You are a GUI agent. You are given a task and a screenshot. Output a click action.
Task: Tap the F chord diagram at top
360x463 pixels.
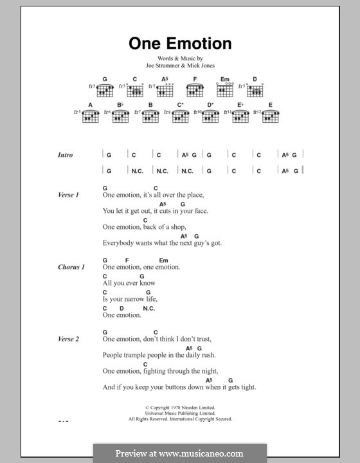coord(195,90)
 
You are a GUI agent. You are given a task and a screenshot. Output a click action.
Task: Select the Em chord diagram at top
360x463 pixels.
coord(225,90)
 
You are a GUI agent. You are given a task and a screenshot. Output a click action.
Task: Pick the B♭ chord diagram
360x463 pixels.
coord(120,116)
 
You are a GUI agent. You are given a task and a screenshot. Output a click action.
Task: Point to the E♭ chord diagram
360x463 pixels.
coord(240,116)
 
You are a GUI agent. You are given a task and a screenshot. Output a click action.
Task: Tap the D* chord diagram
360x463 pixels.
coord(210,116)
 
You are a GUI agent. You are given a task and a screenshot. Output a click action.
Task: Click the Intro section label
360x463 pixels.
coord(65,155)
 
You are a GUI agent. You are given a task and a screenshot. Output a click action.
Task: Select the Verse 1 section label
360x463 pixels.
coord(68,195)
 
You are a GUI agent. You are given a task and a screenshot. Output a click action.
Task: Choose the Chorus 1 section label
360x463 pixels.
coord(71,267)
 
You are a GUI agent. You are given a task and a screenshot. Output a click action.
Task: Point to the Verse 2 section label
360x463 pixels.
coord(68,339)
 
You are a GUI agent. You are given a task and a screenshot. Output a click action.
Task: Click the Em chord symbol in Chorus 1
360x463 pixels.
coord(163,260)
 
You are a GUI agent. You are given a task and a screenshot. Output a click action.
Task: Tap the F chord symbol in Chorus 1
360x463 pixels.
coord(127,260)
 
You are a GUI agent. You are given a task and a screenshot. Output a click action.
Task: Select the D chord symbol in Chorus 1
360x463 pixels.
coord(120,308)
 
